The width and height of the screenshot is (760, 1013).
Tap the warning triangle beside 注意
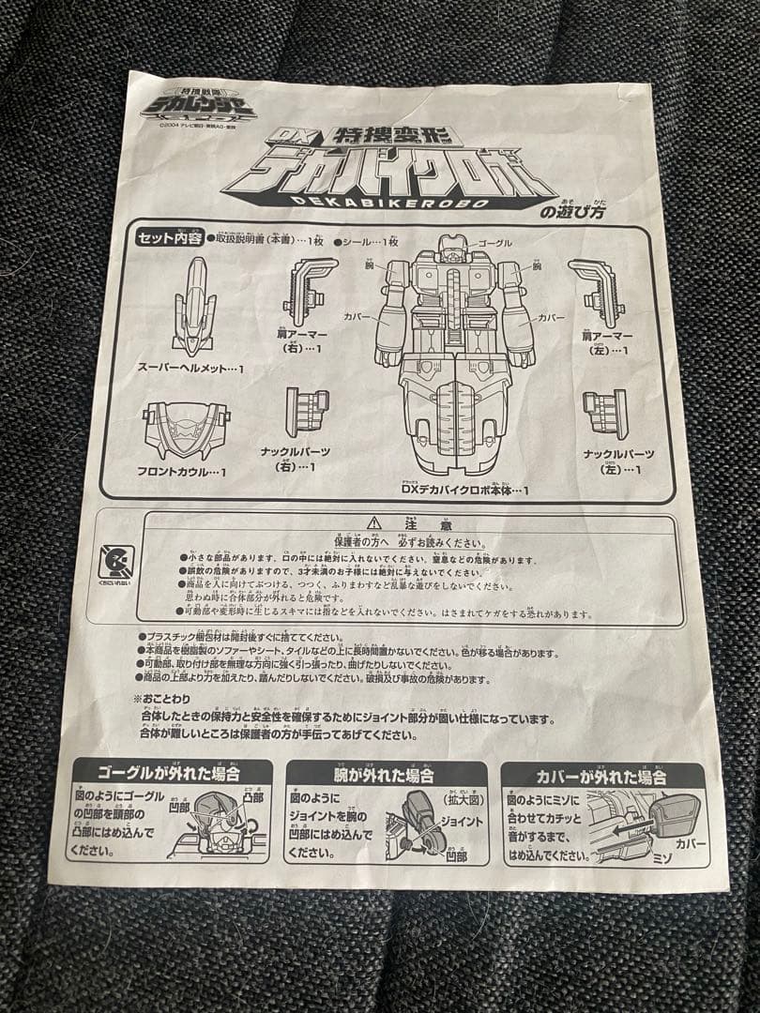374,522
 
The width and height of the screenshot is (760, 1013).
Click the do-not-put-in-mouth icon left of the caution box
115,563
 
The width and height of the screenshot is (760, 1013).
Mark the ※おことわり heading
163,699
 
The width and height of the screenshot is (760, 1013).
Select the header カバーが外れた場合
601,777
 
